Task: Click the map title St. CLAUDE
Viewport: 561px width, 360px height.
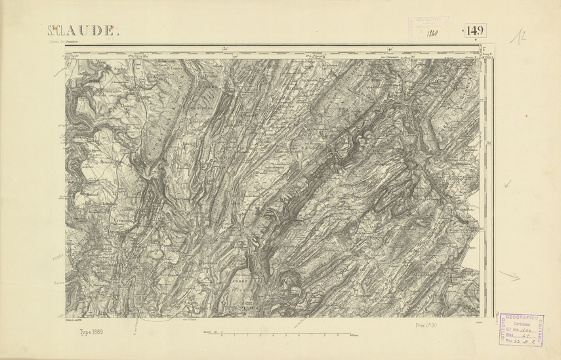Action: click(x=82, y=30)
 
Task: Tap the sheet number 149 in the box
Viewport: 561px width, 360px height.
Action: click(x=476, y=30)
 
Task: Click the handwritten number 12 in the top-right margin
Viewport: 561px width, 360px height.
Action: click(x=521, y=37)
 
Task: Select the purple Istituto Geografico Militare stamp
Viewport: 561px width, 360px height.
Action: click(x=522, y=329)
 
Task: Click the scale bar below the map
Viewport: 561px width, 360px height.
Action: click(x=281, y=334)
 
